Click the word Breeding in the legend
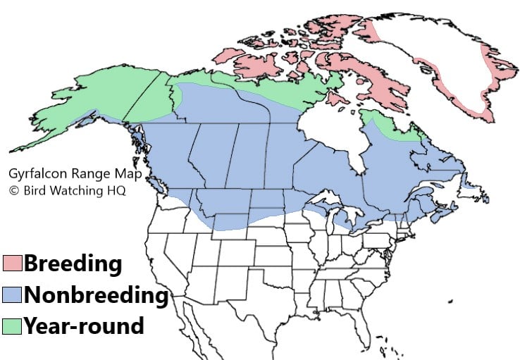[73, 264]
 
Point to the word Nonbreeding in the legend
[96, 295]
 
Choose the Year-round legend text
[84, 325]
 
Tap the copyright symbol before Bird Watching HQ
[13, 190]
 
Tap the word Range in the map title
[81, 173]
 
